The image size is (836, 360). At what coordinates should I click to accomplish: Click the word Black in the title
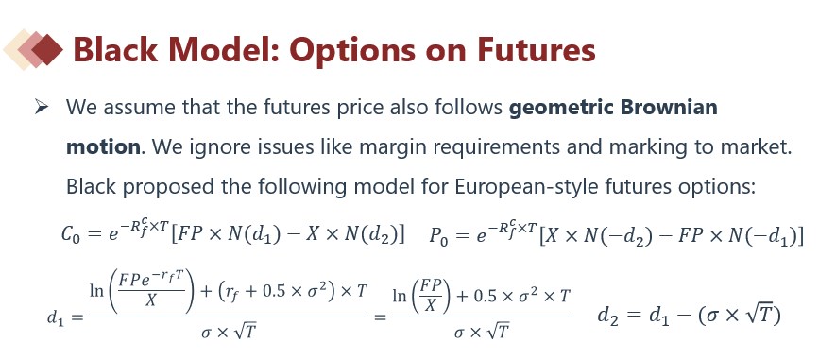point(115,49)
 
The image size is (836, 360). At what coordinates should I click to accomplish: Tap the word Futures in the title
point(536,49)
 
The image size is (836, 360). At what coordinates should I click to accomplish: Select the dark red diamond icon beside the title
point(47,49)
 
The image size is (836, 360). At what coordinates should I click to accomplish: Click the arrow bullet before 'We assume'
point(41,107)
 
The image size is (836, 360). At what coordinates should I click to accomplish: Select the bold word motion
point(103,146)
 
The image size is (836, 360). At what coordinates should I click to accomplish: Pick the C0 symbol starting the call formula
point(71,235)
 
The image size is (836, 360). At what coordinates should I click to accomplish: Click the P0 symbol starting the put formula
point(439,235)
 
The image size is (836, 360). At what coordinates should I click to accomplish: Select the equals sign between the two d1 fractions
point(379,317)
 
